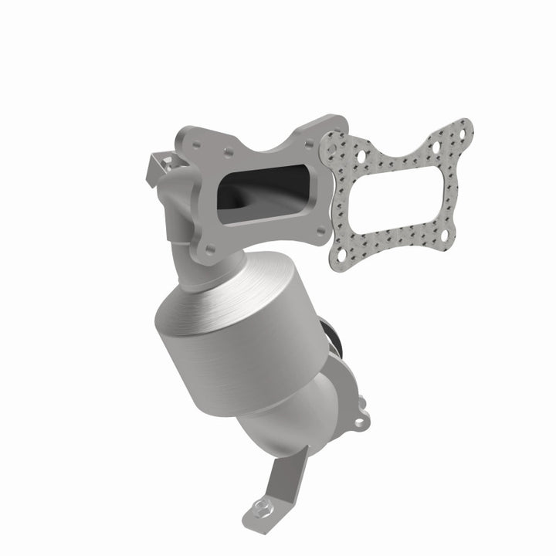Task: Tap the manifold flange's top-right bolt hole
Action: (x=331, y=128)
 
